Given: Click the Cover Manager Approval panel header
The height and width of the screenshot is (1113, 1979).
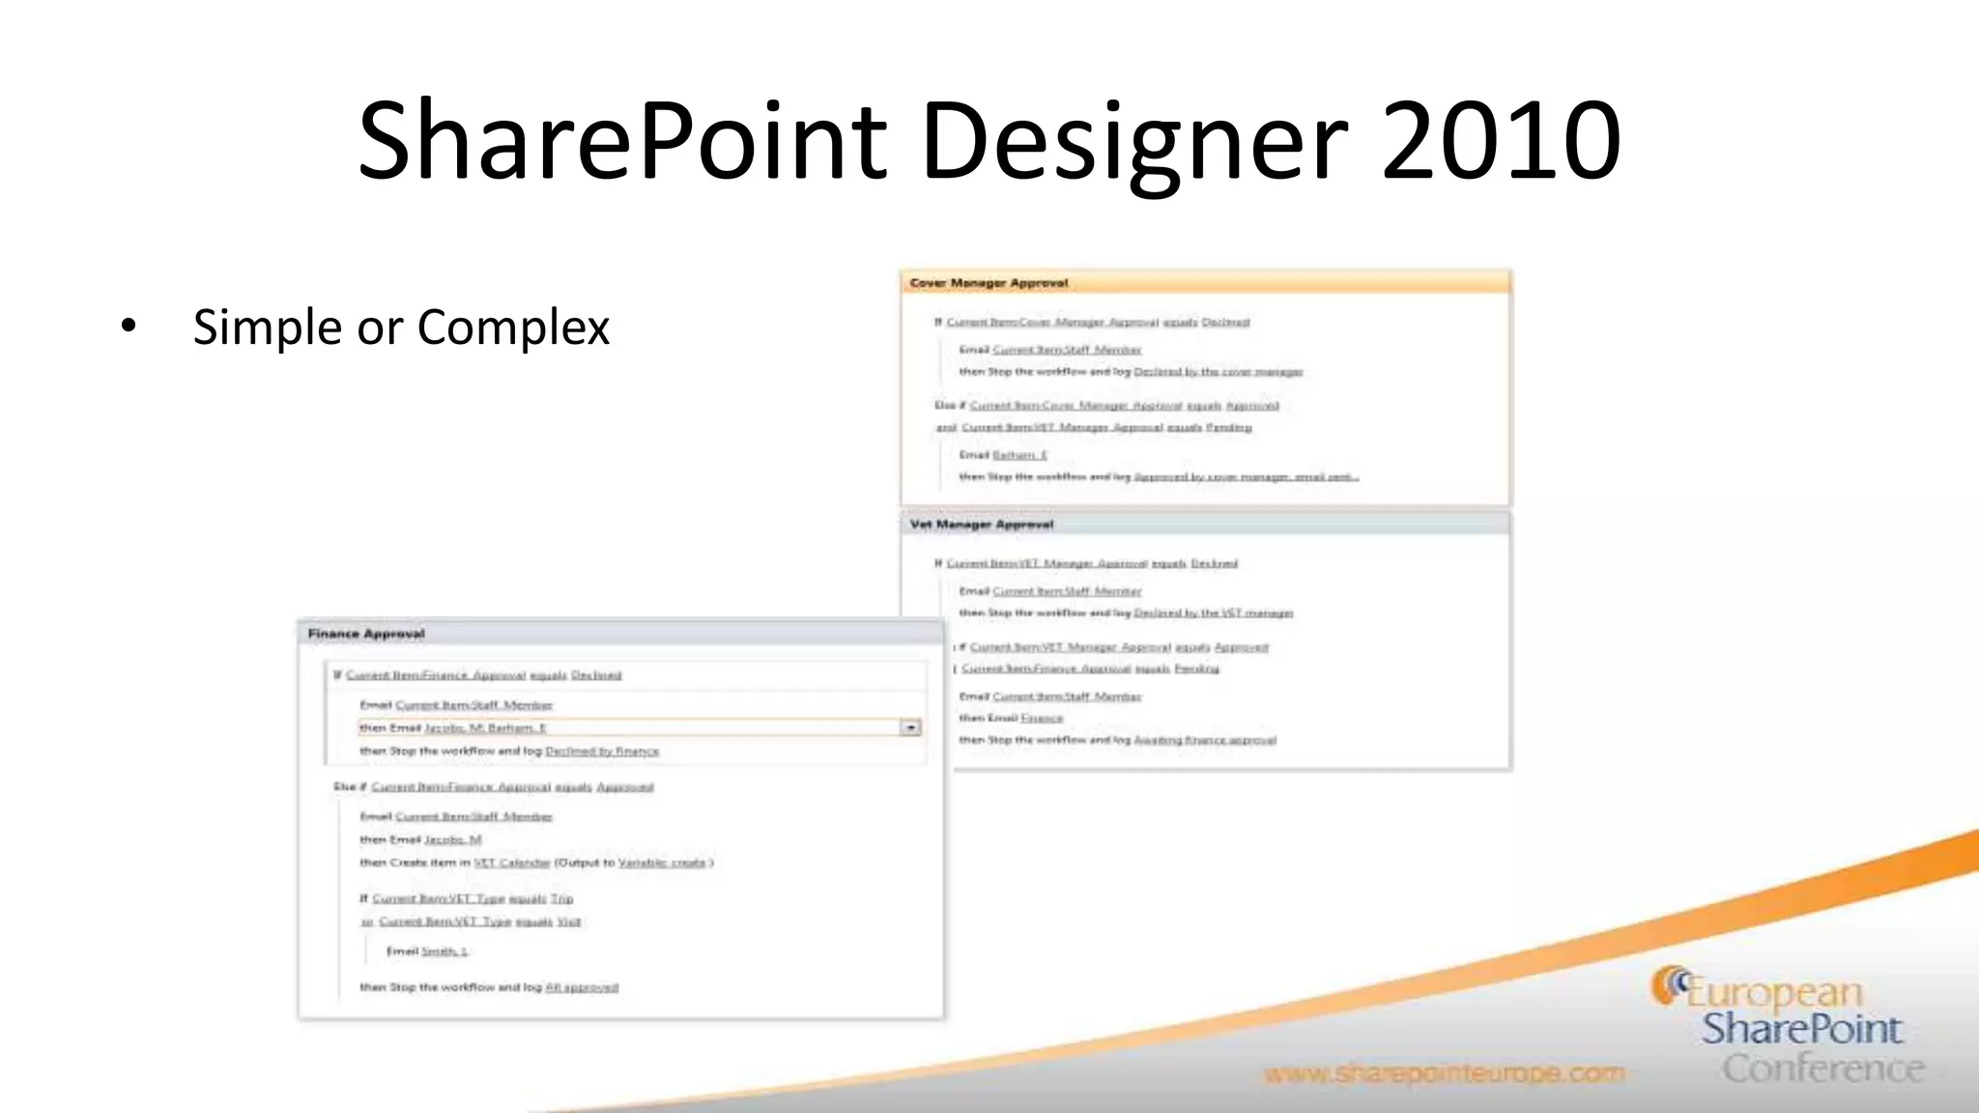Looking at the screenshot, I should (x=989, y=283).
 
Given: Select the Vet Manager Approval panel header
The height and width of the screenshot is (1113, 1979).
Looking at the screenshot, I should (x=981, y=525).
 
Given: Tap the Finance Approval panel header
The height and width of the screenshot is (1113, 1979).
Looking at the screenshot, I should (x=366, y=634).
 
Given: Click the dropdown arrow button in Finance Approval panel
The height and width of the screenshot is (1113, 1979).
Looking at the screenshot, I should (x=910, y=728).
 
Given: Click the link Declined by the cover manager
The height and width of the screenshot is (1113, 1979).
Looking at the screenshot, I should (x=1218, y=372).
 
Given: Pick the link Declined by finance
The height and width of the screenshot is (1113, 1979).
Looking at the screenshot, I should (x=602, y=752).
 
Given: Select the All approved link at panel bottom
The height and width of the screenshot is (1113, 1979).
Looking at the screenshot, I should (x=582, y=987).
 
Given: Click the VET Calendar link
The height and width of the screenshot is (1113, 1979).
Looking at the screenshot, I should (x=512, y=863).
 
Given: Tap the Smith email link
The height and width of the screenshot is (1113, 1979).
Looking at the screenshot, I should (x=445, y=952).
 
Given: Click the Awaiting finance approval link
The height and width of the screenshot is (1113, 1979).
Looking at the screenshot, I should (x=1205, y=740).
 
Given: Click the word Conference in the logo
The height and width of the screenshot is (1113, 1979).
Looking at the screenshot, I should (x=1822, y=1069).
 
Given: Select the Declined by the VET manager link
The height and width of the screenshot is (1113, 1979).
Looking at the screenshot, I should (x=1213, y=614).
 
